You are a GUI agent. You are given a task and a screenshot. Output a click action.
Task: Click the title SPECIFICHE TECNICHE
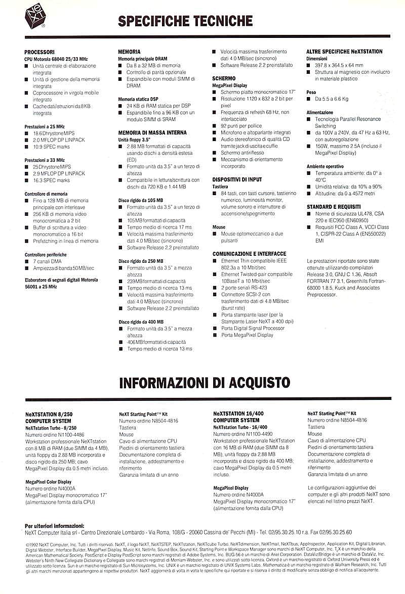(x=185, y=21)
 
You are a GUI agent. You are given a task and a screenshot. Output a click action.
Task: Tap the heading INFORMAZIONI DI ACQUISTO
(x=204, y=382)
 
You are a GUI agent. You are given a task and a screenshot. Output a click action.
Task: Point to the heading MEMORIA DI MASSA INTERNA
(x=145, y=132)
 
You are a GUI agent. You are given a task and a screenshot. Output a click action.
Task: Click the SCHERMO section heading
(x=224, y=79)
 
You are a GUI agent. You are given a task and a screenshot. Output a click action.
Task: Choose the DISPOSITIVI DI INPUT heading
(x=237, y=179)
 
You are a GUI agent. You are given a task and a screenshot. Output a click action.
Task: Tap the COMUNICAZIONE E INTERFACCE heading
(x=249, y=254)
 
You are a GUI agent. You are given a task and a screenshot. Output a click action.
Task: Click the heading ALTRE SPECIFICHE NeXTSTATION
(x=344, y=52)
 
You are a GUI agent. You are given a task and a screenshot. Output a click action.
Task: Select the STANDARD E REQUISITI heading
(x=334, y=207)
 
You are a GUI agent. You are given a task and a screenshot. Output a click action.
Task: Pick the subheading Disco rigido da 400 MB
(x=141, y=322)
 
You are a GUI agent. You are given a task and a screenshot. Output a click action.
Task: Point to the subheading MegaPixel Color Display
(x=49, y=482)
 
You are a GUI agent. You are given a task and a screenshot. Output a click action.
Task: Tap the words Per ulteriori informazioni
(x=55, y=526)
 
